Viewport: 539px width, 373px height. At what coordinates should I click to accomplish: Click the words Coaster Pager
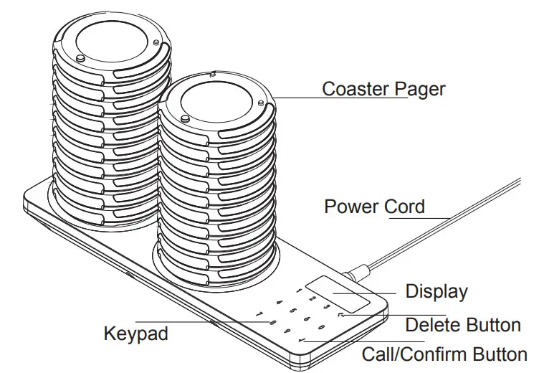point(383,89)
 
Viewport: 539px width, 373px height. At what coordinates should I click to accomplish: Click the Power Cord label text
point(374,207)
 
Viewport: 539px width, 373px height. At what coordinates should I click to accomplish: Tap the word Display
point(436,292)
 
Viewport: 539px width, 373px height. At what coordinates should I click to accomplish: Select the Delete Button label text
point(462,325)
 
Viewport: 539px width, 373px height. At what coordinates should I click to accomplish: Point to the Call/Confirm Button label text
point(444,354)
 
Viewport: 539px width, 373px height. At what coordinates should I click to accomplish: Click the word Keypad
point(136,334)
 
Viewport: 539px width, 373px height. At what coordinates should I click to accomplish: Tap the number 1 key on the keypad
point(299,291)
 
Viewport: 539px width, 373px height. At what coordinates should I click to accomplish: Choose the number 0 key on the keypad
point(320,327)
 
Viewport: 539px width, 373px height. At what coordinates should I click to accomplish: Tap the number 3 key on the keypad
point(327,306)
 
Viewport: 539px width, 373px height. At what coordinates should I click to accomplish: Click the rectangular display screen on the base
point(337,294)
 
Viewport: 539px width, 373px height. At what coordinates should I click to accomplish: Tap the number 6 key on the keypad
point(306,319)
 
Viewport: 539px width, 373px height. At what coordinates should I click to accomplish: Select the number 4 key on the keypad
point(279,303)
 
